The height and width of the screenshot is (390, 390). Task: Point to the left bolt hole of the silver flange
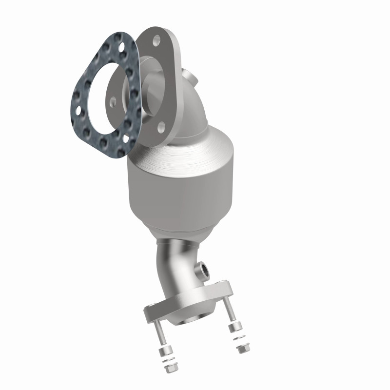(x=113, y=101)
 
